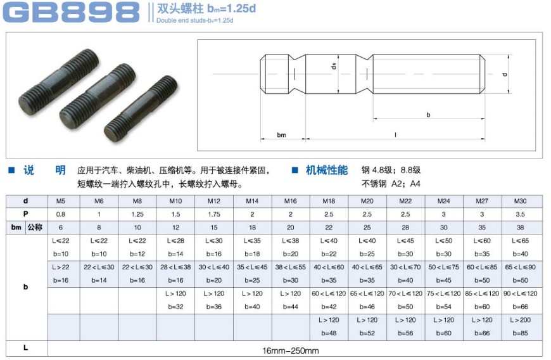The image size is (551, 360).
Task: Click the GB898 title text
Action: coord(72,12)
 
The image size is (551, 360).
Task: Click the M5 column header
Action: coord(61,201)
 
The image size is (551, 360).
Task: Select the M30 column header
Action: coord(520,201)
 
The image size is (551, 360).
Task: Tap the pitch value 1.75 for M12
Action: coord(213,214)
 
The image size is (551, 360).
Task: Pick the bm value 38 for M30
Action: coord(520,228)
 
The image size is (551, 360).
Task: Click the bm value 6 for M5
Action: coord(61,228)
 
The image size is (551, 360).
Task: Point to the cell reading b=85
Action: coord(520,333)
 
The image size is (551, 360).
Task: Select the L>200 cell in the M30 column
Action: coord(520,320)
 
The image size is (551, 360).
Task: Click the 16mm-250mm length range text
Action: coord(291,350)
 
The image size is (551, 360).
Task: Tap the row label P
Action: coord(25,214)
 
